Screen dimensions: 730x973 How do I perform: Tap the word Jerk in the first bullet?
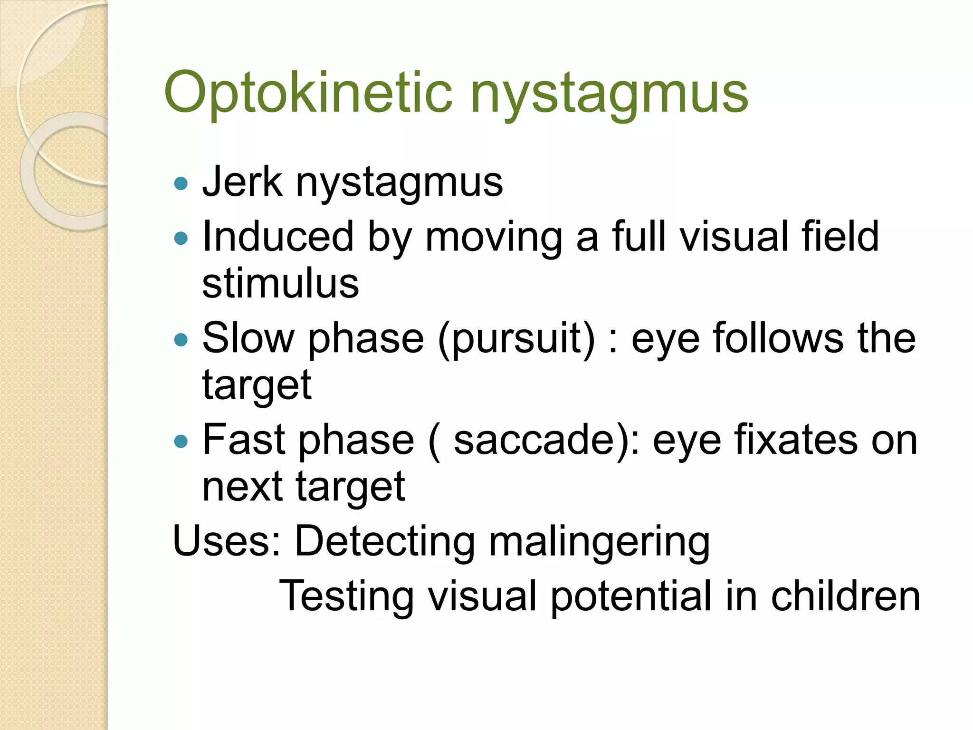pyautogui.click(x=242, y=182)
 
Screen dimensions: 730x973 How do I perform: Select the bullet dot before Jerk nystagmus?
pyautogui.click(x=181, y=183)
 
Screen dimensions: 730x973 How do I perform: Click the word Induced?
pyautogui.click(x=278, y=236)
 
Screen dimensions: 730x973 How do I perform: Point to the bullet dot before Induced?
pyautogui.click(x=181, y=238)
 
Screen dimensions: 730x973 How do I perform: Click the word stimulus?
pyautogui.click(x=280, y=284)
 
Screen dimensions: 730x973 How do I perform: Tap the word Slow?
pyautogui.click(x=248, y=338)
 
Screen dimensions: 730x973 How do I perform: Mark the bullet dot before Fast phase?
pyautogui.click(x=181, y=442)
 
